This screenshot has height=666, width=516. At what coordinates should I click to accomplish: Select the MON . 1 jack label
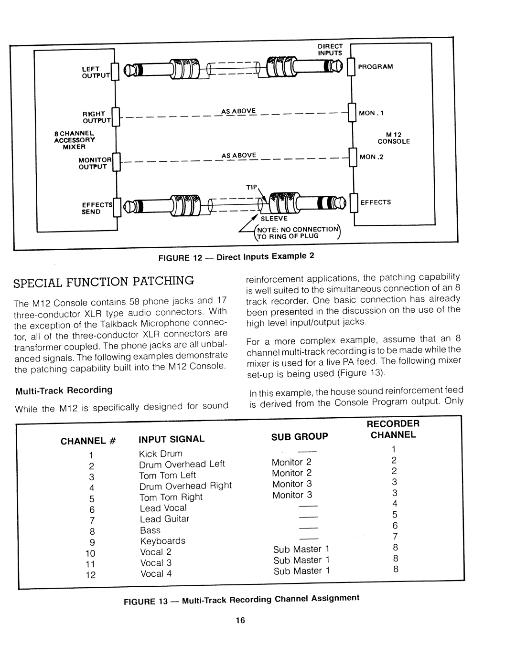371,113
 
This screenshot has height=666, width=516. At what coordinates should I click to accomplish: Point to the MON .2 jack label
371,157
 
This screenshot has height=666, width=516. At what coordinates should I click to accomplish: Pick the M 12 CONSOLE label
394,138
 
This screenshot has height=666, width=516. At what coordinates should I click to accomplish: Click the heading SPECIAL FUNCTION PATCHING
104,281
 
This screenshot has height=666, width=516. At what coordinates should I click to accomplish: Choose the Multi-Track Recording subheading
64,390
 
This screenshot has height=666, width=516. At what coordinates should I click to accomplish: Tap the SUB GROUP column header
300,436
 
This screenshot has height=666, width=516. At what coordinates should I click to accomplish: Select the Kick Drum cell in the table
161,454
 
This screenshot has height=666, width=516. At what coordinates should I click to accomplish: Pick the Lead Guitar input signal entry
164,519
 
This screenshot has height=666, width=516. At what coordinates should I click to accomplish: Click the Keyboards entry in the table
162,541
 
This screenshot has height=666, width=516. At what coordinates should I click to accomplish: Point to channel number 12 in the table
91,575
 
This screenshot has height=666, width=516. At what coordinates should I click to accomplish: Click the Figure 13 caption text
241,599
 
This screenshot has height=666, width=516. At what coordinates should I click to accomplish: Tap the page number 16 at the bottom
240,620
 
